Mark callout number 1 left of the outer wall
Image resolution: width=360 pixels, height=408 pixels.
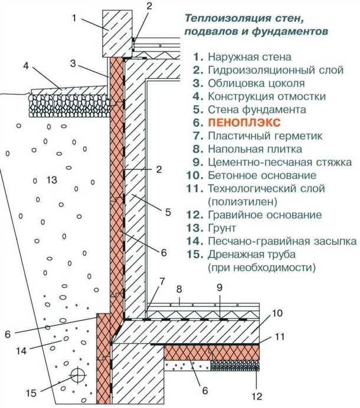75,17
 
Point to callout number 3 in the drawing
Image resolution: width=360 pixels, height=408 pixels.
73,63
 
